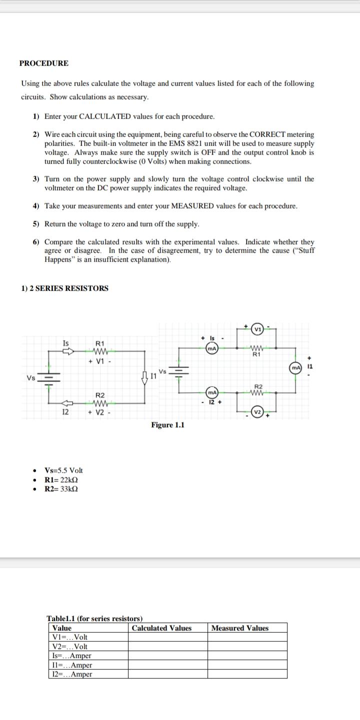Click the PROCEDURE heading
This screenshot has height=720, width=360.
(44, 63)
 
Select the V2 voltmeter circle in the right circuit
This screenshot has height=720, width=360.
(257, 412)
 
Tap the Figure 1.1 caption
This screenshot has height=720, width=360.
(167, 425)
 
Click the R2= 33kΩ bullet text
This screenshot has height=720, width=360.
(61, 488)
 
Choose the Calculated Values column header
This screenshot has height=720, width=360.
(161, 628)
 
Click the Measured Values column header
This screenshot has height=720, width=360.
(239, 628)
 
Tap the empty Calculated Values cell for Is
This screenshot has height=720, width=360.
(167, 656)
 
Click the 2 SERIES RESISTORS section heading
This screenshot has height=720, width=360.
(64, 288)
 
